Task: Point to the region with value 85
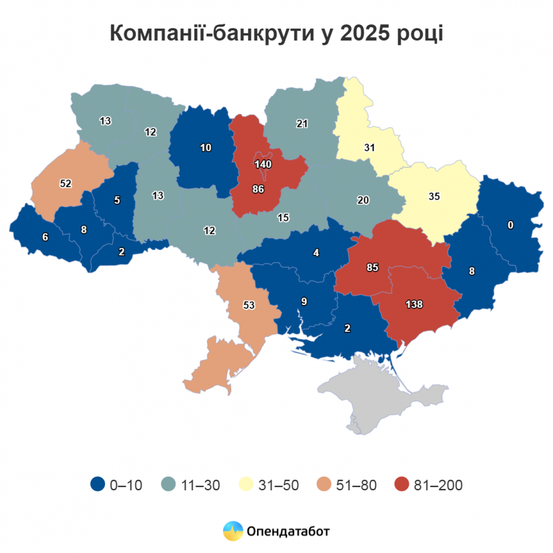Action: pos(372,268)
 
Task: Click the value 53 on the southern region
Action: pos(249,305)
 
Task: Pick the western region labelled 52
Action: pos(65,183)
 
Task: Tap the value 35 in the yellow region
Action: pos(434,196)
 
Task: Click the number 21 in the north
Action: pos(302,124)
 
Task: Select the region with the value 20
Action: pos(363,200)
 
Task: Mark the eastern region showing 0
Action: pos(510,226)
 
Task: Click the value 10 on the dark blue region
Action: pos(206,147)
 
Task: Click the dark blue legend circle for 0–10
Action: pos(97,485)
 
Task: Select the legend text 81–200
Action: pos(439,485)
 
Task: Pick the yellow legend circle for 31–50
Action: pos(246,485)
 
